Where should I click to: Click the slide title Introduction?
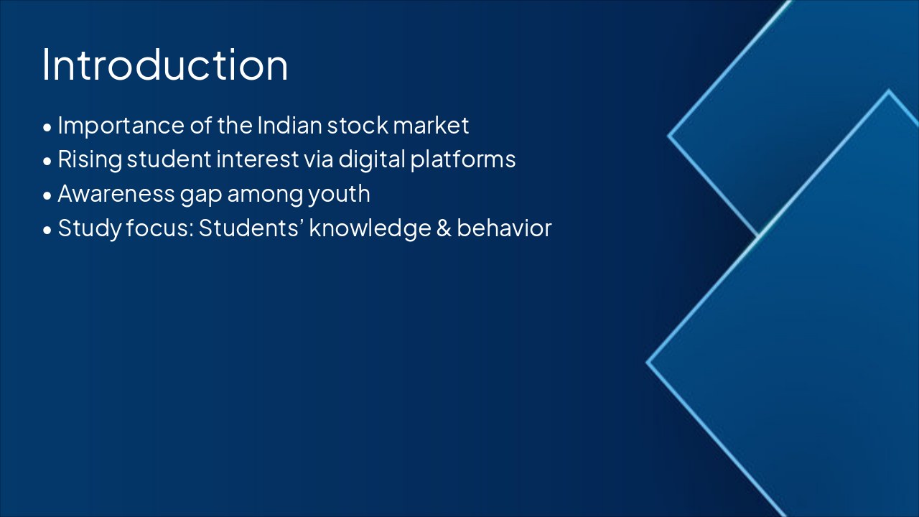coord(165,65)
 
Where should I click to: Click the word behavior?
coord(504,228)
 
